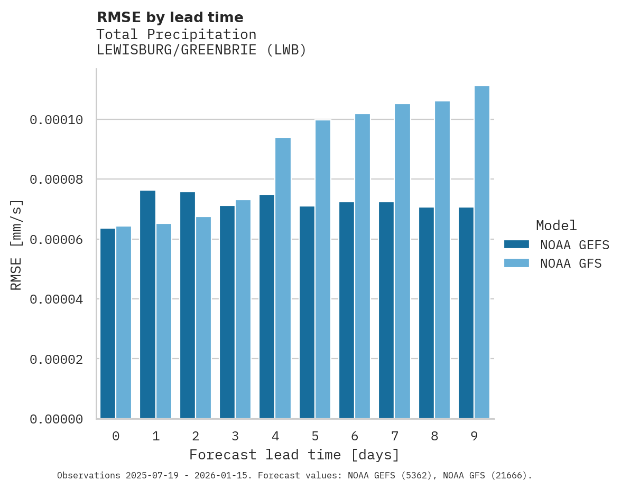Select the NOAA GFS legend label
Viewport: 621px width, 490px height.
click(x=571, y=263)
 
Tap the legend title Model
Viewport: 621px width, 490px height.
click(x=556, y=225)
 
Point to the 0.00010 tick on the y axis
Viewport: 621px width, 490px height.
click(x=57, y=120)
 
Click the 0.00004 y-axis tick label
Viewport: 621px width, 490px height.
click(x=57, y=299)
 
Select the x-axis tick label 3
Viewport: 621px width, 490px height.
click(x=235, y=436)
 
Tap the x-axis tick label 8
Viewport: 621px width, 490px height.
click(x=434, y=436)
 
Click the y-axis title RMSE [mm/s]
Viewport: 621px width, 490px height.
click(x=17, y=244)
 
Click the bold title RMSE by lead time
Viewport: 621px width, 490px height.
click(x=170, y=17)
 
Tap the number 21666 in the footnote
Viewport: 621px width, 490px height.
click(x=509, y=476)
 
